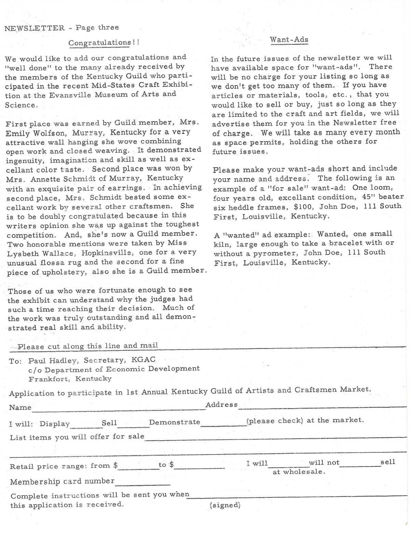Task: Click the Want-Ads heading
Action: coord(289,40)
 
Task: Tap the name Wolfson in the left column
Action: coord(53,133)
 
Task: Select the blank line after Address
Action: coord(322,406)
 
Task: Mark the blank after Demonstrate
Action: coord(223,425)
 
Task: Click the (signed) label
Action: coord(225,505)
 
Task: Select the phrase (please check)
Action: coord(275,421)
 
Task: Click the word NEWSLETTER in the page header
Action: coord(35,28)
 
